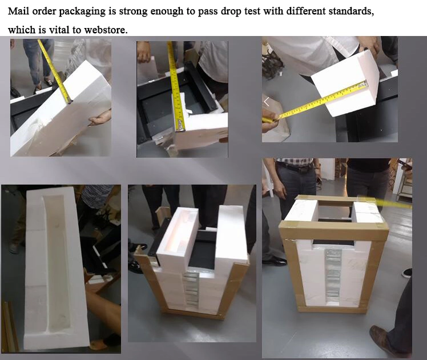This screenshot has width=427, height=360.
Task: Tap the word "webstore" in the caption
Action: coord(106,30)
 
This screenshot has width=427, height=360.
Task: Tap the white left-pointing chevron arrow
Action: coord(267,101)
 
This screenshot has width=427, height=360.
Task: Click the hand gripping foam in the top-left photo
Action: coord(100,118)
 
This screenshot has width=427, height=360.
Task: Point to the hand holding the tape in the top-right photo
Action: coord(270,122)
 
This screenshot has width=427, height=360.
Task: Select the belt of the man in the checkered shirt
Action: coord(295,167)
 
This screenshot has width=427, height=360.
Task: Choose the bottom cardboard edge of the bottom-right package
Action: coord(332,310)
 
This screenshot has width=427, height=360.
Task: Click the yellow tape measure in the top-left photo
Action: coord(54,71)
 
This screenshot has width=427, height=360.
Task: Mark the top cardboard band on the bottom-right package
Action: coord(333,229)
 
